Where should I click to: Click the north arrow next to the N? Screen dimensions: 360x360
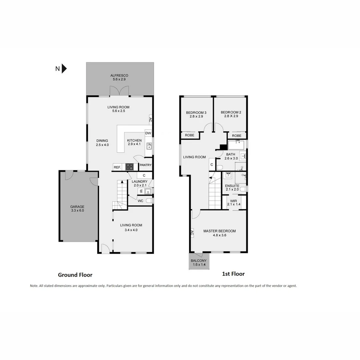64,69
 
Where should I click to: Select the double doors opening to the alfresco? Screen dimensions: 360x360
119,91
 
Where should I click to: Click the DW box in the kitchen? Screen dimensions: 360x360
148,133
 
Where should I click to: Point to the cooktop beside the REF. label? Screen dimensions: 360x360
129,167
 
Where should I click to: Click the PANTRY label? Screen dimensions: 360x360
146,165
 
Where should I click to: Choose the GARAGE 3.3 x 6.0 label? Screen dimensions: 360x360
77,209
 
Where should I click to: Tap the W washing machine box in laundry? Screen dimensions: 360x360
141,191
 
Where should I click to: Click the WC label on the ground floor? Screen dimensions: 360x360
140,201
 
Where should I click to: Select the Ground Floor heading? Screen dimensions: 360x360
75,275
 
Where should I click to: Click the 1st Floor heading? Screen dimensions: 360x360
233,274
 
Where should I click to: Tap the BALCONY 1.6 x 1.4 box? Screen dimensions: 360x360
199,262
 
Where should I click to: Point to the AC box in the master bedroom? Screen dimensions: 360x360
192,233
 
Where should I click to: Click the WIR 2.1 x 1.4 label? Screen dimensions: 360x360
233,202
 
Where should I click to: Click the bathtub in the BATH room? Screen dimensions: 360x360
236,145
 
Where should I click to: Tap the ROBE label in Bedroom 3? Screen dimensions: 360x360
190,136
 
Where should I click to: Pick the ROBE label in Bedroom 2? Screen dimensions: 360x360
237,136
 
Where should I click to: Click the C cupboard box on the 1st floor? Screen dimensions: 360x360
212,164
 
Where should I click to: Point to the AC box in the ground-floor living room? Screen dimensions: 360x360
150,119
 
